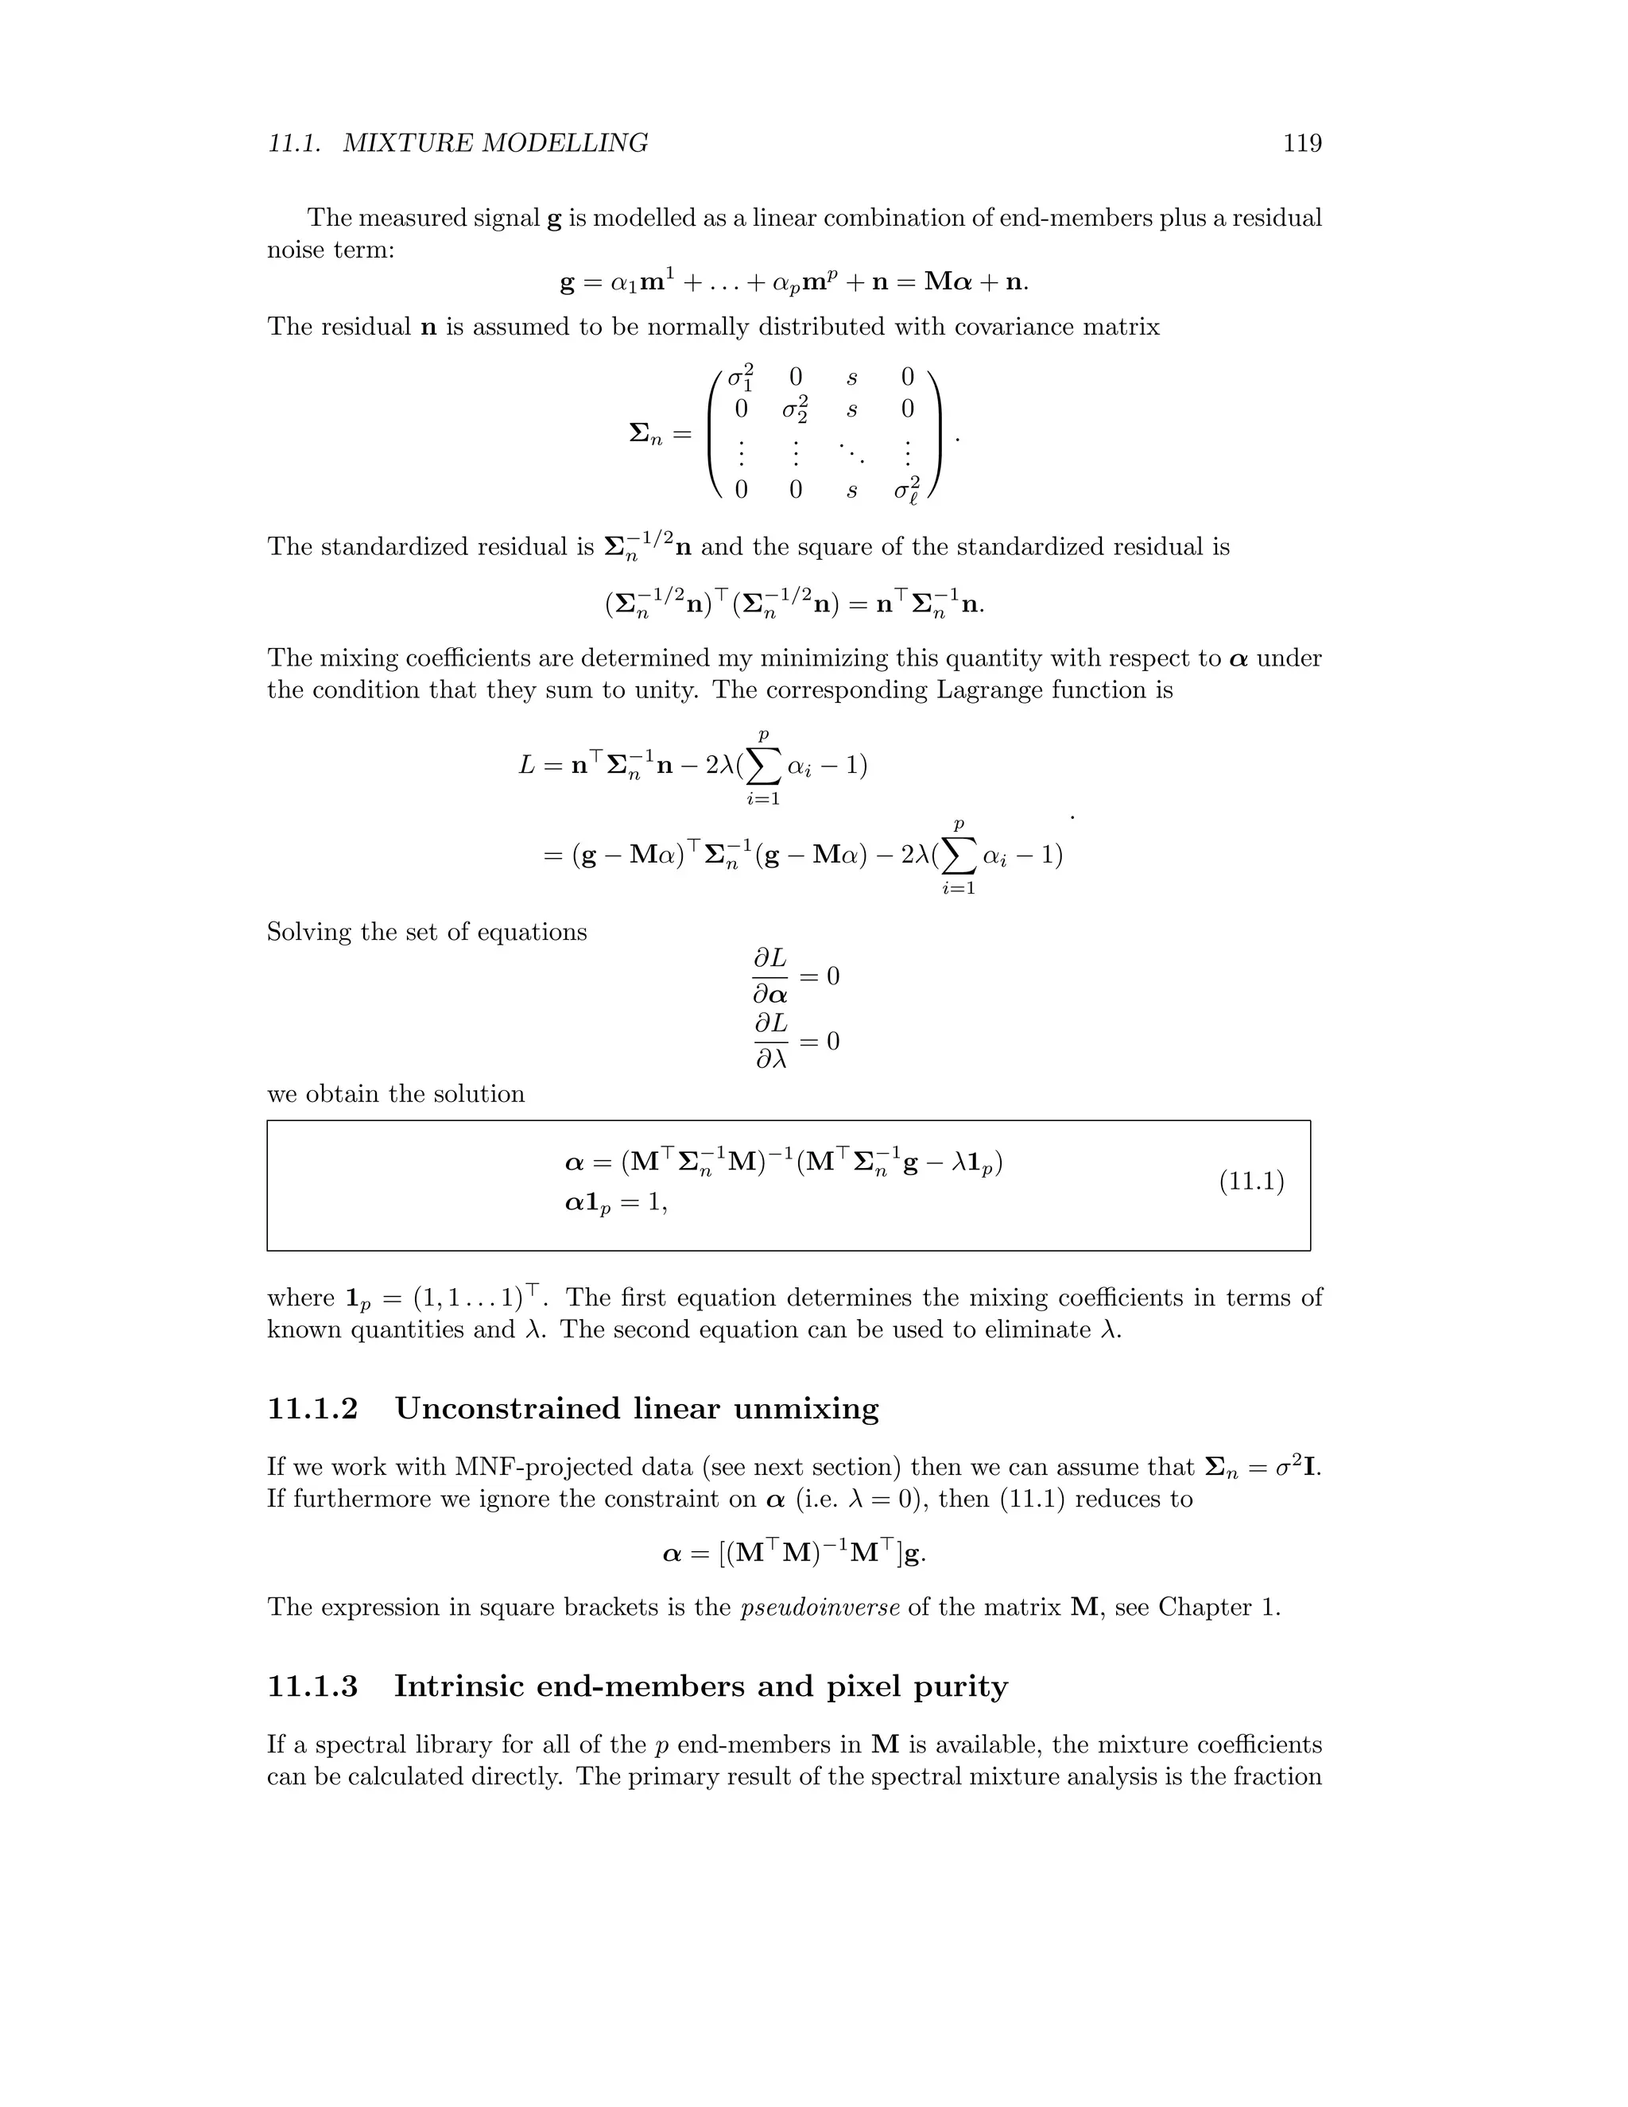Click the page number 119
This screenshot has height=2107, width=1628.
pyautogui.click(x=1302, y=144)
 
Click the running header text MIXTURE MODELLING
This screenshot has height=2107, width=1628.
pyautogui.click(x=496, y=144)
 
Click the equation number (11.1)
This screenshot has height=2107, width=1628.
pyautogui.click(x=1251, y=1182)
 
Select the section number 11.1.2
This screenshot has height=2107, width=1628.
pyautogui.click(x=312, y=1410)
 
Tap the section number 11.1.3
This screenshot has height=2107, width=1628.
pyautogui.click(x=312, y=1686)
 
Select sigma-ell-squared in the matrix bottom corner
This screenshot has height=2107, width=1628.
pyautogui.click(x=906, y=490)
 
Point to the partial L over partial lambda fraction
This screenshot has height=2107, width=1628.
pyautogui.click(x=770, y=1041)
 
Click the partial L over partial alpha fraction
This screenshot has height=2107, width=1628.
pyautogui.click(x=769, y=976)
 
